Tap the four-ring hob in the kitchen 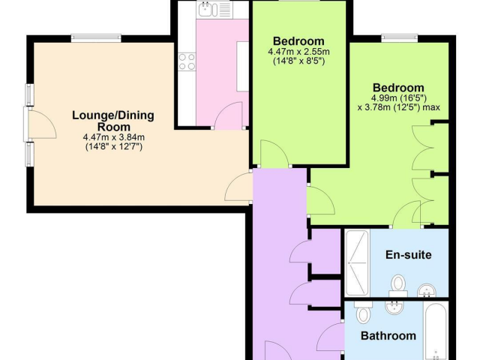coord(187,61)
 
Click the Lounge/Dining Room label coord(113,121)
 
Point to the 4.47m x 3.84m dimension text coord(113,137)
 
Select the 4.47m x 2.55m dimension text coord(298,52)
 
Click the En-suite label coord(408,255)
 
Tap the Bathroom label coord(388,336)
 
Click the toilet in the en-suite coord(398,285)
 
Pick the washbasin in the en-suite coord(427,290)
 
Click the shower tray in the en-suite coord(357,263)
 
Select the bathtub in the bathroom coord(436,331)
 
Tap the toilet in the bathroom coord(363,312)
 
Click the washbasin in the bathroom coord(394,307)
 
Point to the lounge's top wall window coord(96,38)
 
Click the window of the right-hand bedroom coord(400,38)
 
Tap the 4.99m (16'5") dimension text coord(399,98)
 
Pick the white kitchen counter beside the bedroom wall coord(243,67)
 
